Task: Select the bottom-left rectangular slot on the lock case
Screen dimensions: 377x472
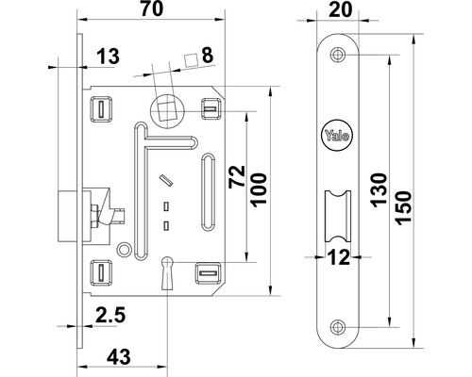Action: point(97,273)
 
